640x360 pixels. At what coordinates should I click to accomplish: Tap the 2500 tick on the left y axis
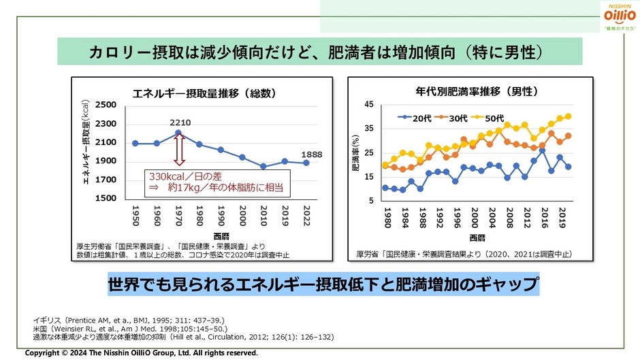pyautogui.click(x=106, y=105)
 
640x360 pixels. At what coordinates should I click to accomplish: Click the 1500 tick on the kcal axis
pyautogui.click(x=106, y=198)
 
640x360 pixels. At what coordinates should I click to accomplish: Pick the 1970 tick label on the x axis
pyautogui.click(x=178, y=216)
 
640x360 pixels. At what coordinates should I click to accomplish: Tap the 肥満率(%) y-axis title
pyautogui.click(x=356, y=154)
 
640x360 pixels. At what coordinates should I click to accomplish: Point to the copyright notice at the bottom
pyautogui.click(x=142, y=353)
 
